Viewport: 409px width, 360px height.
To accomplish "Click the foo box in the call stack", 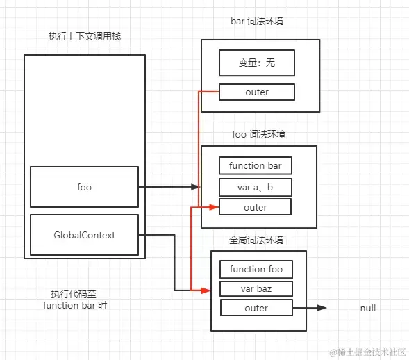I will pos(84,187).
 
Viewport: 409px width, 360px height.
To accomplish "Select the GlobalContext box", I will pos(84,235).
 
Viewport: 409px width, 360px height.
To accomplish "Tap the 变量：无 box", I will pos(256,64).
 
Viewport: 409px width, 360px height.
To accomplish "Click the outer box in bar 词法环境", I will pos(256,92).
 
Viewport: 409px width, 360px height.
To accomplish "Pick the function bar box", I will pos(256,166).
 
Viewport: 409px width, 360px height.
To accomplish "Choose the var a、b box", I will pos(256,187).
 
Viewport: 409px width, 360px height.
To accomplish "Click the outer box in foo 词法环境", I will pos(256,207).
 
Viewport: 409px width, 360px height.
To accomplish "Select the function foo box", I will pos(256,269).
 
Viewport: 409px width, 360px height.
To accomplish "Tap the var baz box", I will pos(256,288).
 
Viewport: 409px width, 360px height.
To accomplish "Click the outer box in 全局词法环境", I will pos(256,308).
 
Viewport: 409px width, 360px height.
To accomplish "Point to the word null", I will pos(368,308).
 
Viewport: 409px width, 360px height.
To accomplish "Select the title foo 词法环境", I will pos(258,133).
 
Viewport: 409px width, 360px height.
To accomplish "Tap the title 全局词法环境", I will pos(257,240).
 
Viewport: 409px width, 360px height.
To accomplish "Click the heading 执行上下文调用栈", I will pos(85,35).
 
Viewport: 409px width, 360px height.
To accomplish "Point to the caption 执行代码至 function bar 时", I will pos(74,300).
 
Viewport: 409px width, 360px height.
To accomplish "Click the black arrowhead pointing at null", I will pos(322,308).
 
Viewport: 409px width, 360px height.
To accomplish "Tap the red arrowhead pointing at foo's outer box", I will pos(215,207).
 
